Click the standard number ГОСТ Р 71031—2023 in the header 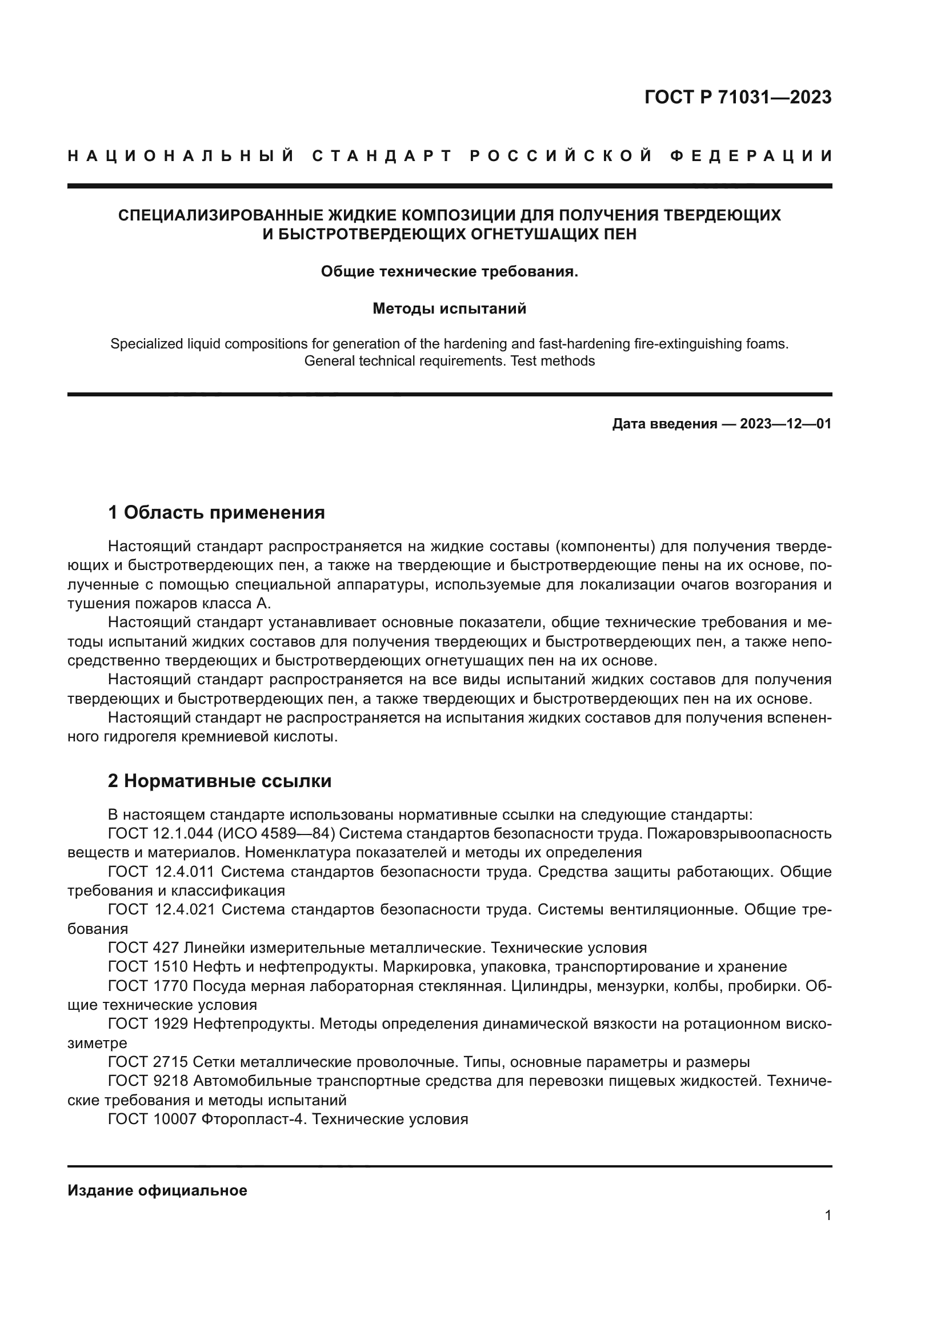pyautogui.click(x=737, y=97)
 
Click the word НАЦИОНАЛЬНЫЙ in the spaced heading pyautogui.click(x=181, y=156)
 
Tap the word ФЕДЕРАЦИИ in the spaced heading pyautogui.click(x=751, y=156)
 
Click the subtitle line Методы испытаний pyautogui.click(x=449, y=308)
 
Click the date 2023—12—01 pyautogui.click(x=786, y=424)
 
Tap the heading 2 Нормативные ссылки pyautogui.click(x=219, y=781)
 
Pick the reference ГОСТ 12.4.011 pyautogui.click(x=162, y=872)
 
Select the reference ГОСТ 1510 pyautogui.click(x=148, y=967)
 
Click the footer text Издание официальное pyautogui.click(x=157, y=1190)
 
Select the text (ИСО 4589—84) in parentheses pyautogui.click(x=277, y=834)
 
